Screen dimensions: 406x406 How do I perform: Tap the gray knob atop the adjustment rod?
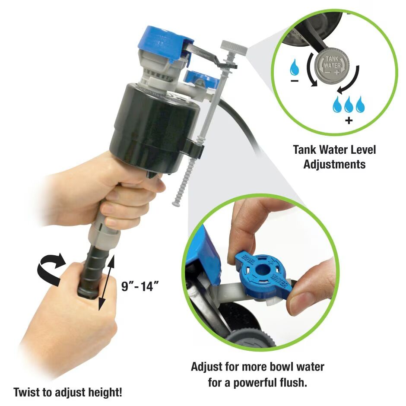pyautogui.click(x=234, y=47)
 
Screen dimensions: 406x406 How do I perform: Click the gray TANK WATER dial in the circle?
pyautogui.click(x=332, y=67)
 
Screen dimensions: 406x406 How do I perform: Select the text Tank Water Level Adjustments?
pyautogui.click(x=334, y=157)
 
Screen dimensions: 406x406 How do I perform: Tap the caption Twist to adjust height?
pyautogui.click(x=68, y=393)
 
